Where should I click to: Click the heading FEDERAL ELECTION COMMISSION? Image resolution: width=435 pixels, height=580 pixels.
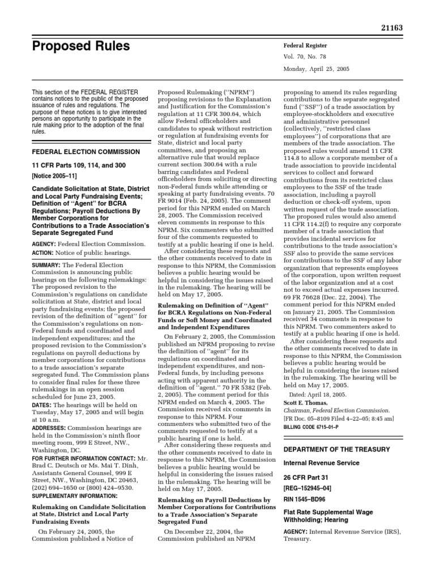coord(86,152)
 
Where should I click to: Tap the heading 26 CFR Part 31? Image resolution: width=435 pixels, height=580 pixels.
coord(307,478)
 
